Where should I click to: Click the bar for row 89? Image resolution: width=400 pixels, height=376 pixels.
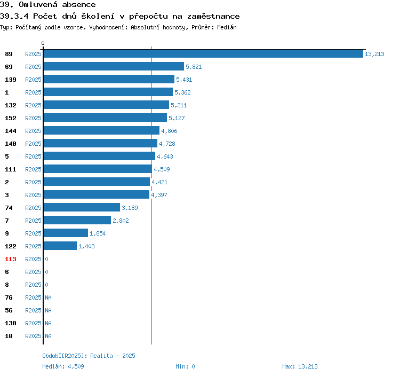203,54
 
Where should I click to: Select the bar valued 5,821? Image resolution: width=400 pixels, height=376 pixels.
114,67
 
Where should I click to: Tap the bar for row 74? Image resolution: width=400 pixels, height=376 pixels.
82,208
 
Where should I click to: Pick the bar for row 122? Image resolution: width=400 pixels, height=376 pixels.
60,246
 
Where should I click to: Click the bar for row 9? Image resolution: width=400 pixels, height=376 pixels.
66,233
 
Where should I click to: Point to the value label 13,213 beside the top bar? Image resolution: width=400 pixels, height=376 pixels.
374,54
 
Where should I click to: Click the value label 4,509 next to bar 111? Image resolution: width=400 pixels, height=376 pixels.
162,169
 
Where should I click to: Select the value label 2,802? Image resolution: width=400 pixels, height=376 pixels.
121,221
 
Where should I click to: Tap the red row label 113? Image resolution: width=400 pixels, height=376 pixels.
11,259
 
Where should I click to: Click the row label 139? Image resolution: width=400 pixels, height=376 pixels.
11,80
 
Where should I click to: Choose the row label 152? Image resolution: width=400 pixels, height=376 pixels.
11,118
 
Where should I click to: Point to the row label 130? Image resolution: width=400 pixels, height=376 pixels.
11,323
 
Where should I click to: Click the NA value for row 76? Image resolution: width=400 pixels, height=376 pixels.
48,297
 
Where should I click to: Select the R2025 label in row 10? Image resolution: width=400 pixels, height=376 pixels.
33,336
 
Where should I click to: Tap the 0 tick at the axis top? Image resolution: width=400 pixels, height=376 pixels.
43,43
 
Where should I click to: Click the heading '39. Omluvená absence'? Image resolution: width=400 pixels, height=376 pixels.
48,5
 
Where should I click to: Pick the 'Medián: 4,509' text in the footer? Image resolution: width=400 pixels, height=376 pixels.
63,366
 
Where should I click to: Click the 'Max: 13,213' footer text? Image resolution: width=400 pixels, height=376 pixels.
300,366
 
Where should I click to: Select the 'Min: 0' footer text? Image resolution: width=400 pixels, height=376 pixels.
185,366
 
